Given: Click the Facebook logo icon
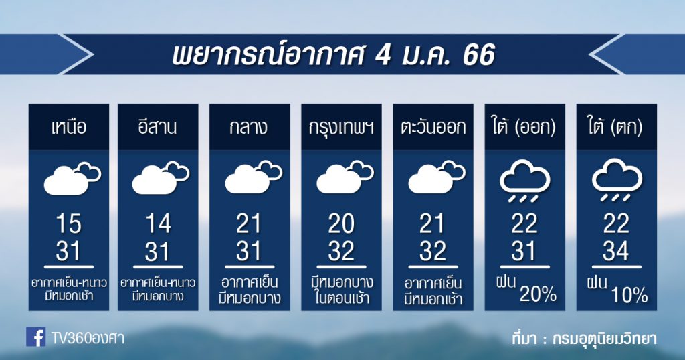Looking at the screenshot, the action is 36,337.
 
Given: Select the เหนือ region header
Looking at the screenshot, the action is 69,128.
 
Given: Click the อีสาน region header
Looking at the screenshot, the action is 158,127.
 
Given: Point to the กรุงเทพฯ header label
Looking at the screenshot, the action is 341,128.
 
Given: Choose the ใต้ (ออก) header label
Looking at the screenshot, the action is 524,127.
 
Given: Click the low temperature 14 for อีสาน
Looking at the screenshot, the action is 158,223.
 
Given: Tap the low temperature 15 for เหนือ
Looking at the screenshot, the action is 69,223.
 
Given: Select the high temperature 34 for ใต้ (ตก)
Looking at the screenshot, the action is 616,251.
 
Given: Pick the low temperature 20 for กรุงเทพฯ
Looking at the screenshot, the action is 341,223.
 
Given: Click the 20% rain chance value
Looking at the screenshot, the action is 538,295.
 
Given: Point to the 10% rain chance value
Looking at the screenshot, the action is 629,295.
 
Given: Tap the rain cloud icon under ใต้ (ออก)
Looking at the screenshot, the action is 524,180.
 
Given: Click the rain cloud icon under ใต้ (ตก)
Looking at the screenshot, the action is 617,180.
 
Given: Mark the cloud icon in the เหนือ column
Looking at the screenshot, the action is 72,178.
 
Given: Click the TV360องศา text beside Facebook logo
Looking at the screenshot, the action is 88,338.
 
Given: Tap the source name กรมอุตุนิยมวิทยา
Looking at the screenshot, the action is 604,339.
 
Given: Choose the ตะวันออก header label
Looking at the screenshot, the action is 433,128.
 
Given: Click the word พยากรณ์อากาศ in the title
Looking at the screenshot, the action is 268,56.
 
